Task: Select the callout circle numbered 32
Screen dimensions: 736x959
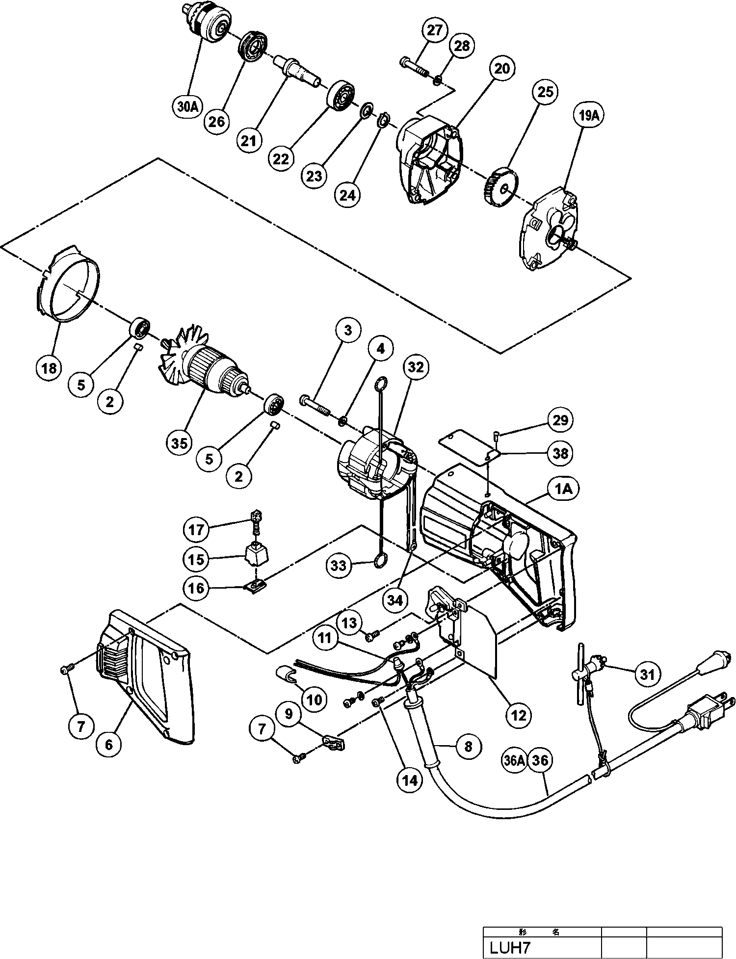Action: [x=415, y=367]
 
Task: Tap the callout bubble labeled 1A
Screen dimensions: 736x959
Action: [x=564, y=489]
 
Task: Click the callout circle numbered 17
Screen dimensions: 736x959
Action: [x=196, y=530]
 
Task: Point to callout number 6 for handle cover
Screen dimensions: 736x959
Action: [x=108, y=744]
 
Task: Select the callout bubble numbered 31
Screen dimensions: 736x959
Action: [x=648, y=674]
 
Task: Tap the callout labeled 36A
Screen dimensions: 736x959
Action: [x=514, y=761]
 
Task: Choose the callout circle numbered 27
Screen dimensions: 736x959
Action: [x=435, y=30]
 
